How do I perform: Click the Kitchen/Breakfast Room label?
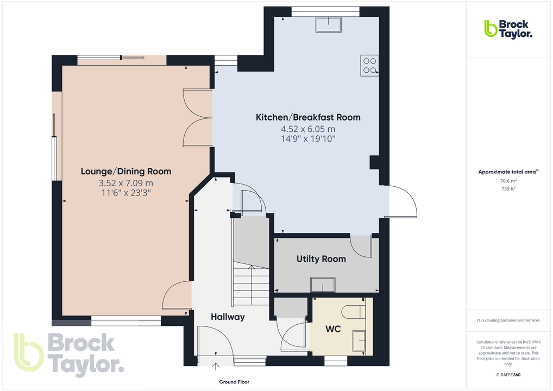click(x=308, y=117)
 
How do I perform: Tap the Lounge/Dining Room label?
click(x=126, y=172)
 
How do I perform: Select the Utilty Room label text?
click(x=321, y=259)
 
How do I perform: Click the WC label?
click(x=332, y=329)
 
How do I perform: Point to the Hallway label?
click(x=228, y=317)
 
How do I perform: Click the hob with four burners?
click(x=370, y=65)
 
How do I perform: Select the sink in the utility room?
click(x=323, y=284)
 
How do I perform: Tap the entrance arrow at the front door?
click(x=215, y=367)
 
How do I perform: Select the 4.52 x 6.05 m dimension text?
click(x=308, y=129)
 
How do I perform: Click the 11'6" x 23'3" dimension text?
click(x=126, y=192)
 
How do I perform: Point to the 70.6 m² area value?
click(x=508, y=181)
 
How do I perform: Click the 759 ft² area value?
click(x=508, y=189)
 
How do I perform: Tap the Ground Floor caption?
click(x=234, y=382)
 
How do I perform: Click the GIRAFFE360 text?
click(x=508, y=375)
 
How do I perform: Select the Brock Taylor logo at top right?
click(x=508, y=29)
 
